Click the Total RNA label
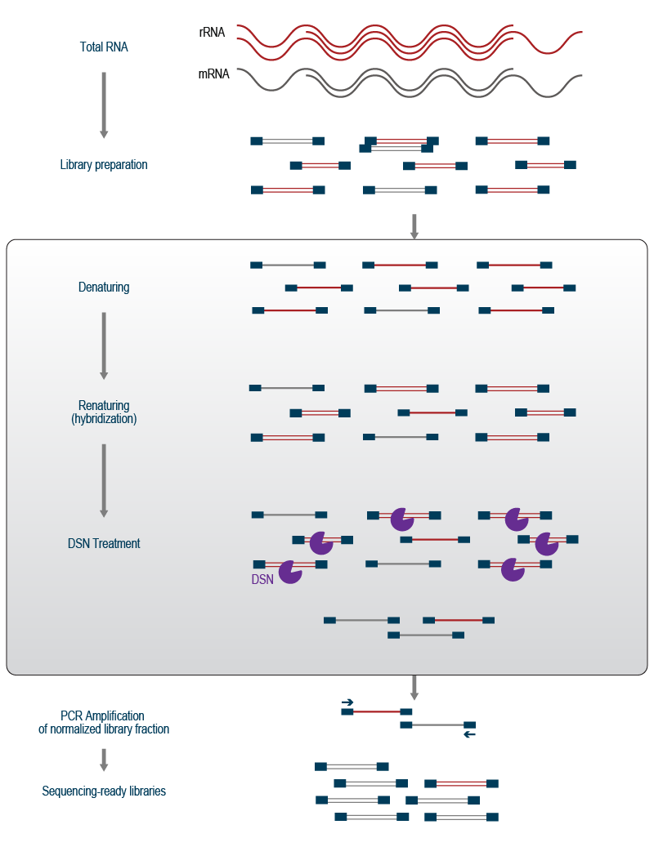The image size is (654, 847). (x=104, y=47)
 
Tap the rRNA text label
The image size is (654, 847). (x=212, y=33)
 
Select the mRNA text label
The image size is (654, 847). (x=213, y=74)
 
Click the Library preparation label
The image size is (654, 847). (x=104, y=165)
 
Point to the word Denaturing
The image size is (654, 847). (x=104, y=288)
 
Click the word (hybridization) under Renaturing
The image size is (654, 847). (x=104, y=419)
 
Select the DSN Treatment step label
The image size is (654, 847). (x=104, y=544)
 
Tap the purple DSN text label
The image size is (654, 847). (x=262, y=580)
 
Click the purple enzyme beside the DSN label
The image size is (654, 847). (x=290, y=572)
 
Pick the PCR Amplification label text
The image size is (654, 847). (x=103, y=716)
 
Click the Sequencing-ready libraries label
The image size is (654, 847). (x=104, y=791)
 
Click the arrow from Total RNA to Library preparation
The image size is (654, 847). (x=104, y=105)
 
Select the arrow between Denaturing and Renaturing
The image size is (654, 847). (x=104, y=345)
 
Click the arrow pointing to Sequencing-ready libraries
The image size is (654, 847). (x=104, y=760)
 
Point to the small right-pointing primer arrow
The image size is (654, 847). (x=347, y=702)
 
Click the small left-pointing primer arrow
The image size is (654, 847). (x=469, y=735)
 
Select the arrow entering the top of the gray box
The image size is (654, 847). (x=414, y=226)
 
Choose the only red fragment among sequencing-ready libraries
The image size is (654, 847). (x=461, y=784)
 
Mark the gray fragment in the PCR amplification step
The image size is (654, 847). (x=437, y=724)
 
